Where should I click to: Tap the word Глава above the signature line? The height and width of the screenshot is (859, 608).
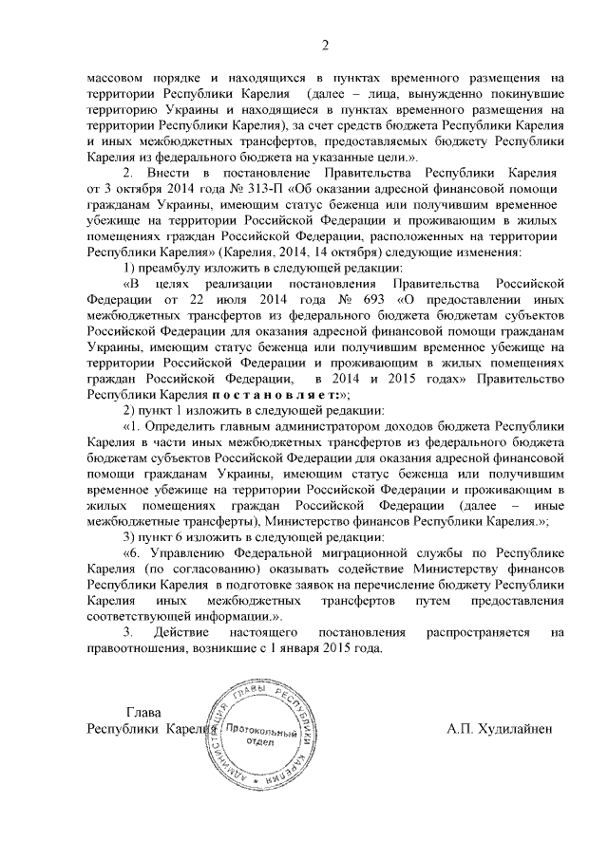click(x=143, y=712)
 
